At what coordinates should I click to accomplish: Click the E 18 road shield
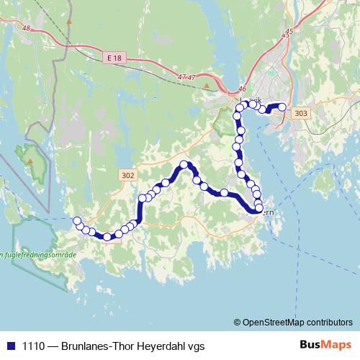point(113,56)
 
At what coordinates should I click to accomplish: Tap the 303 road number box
point(301,113)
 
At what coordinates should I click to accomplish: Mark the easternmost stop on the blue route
point(282,107)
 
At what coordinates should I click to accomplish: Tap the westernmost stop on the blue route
point(77,220)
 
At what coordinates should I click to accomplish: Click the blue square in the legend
point(10,345)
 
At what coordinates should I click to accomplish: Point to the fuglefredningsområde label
point(36,253)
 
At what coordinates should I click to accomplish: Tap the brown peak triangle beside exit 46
point(206,86)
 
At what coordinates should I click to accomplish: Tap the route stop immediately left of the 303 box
point(282,107)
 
